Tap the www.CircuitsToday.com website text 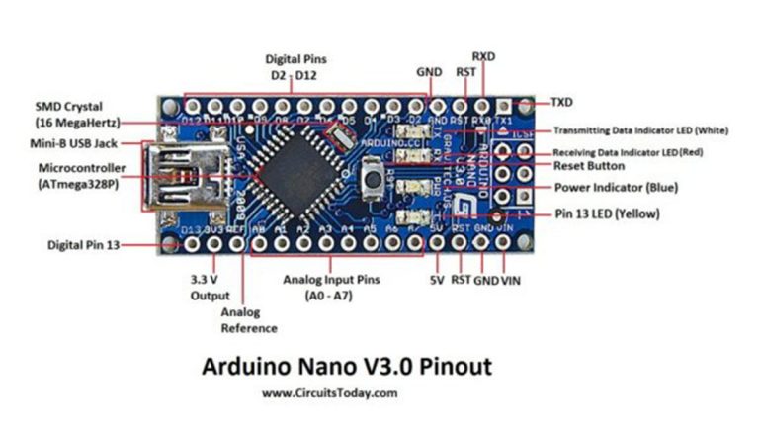pos(330,393)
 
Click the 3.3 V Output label pos(209,288)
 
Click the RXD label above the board pos(483,56)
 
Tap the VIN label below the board pos(510,280)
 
